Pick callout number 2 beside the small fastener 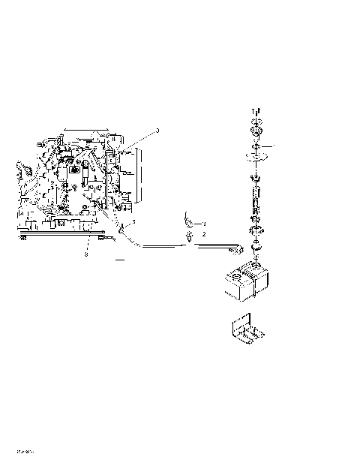click(x=203, y=235)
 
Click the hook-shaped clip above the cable click(x=187, y=221)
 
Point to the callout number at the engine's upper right click(x=157, y=131)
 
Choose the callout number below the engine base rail click(x=85, y=254)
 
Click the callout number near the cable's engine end click(x=133, y=223)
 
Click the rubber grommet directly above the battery click(x=256, y=247)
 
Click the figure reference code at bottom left click(x=25, y=452)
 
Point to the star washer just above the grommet click(x=256, y=230)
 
